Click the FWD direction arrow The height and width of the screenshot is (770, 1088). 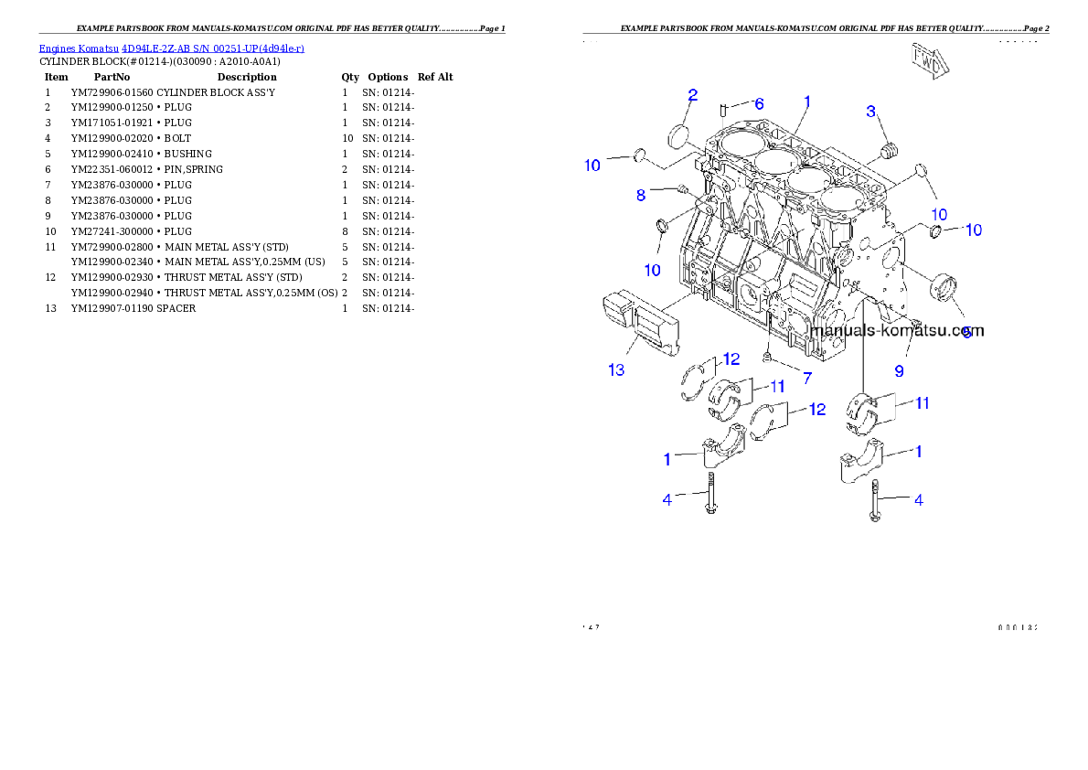[x=930, y=59]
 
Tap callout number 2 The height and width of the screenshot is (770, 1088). [x=693, y=95]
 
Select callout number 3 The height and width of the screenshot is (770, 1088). [x=871, y=112]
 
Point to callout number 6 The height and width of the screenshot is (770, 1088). [x=759, y=104]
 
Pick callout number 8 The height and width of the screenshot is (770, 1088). [x=641, y=194]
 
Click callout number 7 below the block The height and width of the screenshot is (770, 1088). [x=806, y=376]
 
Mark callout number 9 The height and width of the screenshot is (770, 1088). [x=899, y=371]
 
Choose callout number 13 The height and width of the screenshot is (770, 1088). [x=617, y=370]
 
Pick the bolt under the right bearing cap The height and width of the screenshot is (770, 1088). [x=875, y=500]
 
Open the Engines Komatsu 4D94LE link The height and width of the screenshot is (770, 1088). [x=171, y=48]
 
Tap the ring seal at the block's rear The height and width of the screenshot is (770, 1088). [x=943, y=287]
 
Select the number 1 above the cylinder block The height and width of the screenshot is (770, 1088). [x=807, y=101]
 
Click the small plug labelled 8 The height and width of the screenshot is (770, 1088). [x=682, y=189]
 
